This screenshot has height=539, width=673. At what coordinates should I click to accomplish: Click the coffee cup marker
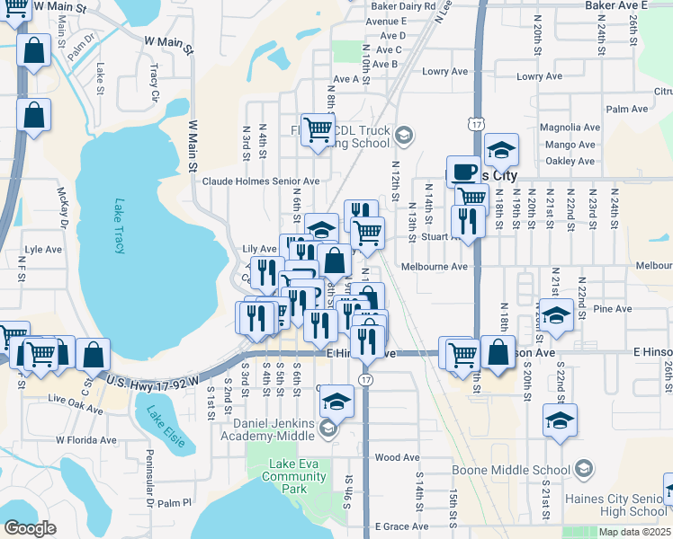(x=463, y=171)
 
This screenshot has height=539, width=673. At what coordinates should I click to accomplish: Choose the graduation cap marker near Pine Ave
(x=557, y=314)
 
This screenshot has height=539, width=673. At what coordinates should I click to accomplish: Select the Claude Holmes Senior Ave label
(x=260, y=181)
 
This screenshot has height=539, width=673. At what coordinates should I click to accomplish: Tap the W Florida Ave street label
(x=86, y=440)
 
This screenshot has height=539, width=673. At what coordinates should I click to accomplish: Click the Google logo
(x=30, y=528)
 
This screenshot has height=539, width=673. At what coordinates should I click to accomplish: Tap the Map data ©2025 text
(x=634, y=532)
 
